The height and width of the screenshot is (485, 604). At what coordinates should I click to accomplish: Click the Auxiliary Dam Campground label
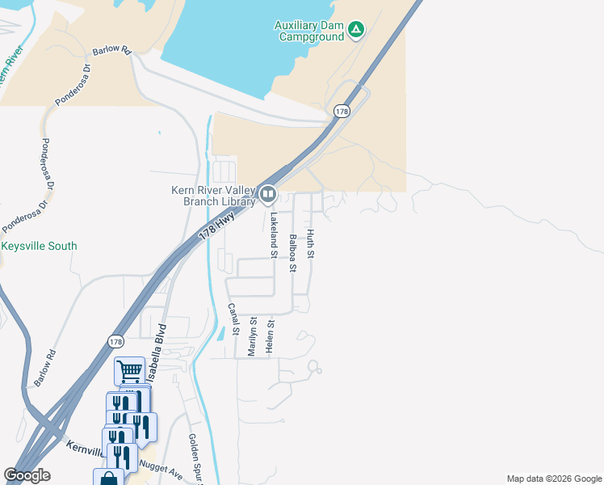[x=310, y=31]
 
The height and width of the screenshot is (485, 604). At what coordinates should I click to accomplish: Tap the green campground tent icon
[x=356, y=31]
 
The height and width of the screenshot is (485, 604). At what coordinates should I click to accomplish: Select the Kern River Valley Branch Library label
[x=213, y=196]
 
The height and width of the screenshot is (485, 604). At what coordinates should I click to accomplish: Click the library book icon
[x=267, y=195]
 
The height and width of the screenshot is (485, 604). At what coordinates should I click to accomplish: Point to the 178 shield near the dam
[x=342, y=112]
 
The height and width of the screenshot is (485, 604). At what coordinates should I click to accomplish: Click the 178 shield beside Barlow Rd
[x=115, y=342]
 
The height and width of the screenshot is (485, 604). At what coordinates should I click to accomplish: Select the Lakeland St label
[x=274, y=234]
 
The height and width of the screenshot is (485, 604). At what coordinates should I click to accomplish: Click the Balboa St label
[x=292, y=253]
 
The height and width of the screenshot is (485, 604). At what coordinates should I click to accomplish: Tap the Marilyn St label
[x=253, y=338]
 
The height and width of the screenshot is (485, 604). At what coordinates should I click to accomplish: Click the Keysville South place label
[x=39, y=247]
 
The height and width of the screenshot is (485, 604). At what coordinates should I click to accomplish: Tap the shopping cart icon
[x=129, y=371]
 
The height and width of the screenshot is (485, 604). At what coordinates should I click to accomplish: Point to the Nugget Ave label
[x=161, y=469]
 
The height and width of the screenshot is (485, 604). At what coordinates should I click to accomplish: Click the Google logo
[x=27, y=475]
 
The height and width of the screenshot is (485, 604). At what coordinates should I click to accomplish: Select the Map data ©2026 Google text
[x=553, y=479]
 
